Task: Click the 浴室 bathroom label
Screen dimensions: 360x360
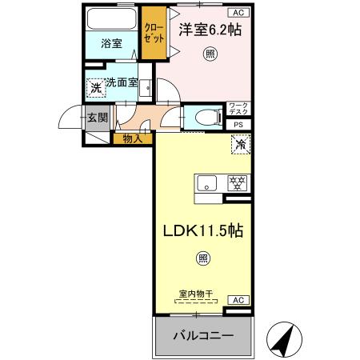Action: [111, 44]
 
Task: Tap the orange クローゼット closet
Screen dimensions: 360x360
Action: [152, 33]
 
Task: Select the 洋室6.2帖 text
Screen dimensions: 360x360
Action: [210, 30]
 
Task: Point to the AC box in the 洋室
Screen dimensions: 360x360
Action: [238, 12]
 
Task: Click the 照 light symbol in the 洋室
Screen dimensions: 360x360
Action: [210, 54]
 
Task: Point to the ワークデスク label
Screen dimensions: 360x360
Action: [238, 109]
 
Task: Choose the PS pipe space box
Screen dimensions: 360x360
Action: [238, 124]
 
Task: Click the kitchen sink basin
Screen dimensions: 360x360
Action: [206, 181]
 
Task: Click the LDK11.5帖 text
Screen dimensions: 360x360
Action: [203, 230]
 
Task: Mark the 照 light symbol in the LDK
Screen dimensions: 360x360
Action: [203, 258]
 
